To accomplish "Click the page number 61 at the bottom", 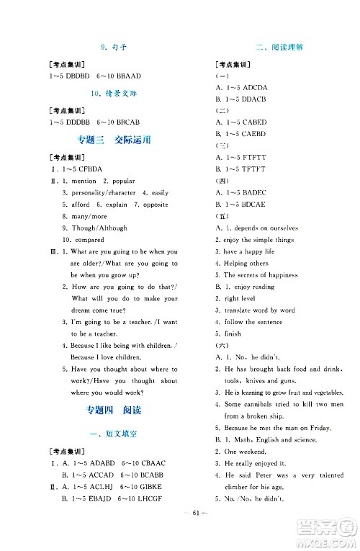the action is (x=179, y=532).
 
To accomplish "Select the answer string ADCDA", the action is (x=253, y=88).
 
